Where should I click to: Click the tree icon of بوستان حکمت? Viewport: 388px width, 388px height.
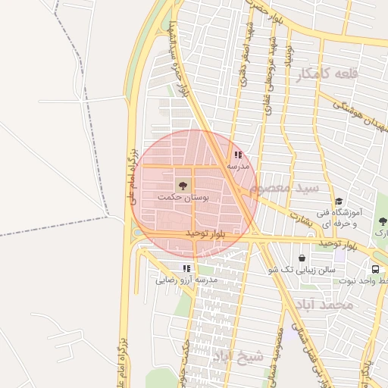point(182,184)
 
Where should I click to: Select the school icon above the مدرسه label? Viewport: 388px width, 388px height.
point(238,155)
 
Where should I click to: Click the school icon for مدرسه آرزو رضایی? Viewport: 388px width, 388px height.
point(186,268)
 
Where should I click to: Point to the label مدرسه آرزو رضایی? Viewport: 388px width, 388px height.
point(186,280)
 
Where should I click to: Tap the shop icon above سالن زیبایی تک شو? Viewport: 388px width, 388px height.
point(302,258)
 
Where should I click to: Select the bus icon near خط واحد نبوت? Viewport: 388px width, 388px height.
point(375,269)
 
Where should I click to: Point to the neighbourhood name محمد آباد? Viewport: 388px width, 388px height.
point(326,305)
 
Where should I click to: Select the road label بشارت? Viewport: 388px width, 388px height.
point(300,217)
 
